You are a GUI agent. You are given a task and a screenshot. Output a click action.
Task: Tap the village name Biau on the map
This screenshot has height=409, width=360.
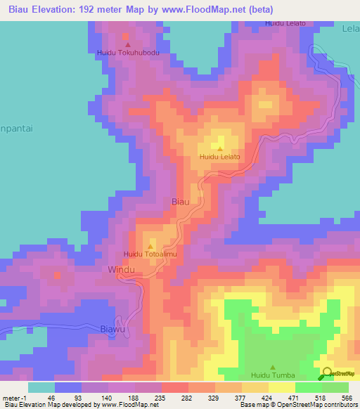(x=181, y=202)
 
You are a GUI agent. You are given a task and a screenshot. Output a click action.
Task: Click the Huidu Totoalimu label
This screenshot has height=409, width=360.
(x=150, y=254)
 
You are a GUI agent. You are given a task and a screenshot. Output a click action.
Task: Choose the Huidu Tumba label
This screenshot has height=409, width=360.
(x=271, y=376)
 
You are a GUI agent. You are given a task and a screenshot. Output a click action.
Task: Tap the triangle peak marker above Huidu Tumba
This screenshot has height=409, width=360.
(x=272, y=367)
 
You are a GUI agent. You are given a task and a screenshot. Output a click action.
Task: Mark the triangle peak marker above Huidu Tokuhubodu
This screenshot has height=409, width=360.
(x=127, y=44)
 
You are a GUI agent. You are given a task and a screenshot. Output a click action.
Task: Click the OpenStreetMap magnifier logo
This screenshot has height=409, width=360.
(x=327, y=373)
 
